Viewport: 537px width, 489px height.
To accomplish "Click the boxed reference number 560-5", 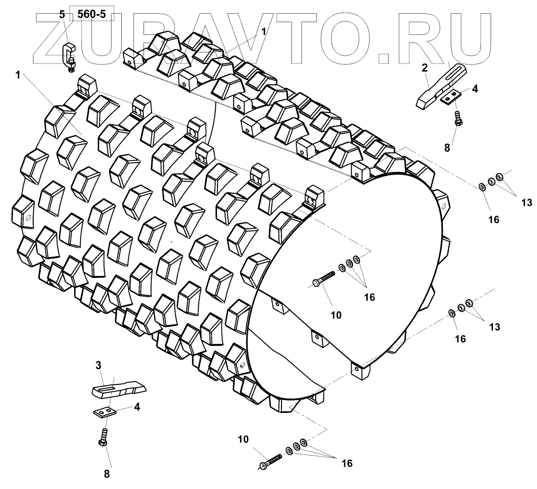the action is [91, 15].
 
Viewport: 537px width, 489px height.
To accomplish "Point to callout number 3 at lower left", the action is [98, 365].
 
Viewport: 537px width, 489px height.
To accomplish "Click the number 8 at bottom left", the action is [107, 474].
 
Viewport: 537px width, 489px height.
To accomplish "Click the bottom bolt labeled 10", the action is [270, 461].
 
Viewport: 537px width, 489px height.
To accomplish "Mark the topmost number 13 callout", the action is [527, 202].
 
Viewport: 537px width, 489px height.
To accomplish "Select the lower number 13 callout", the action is [495, 327].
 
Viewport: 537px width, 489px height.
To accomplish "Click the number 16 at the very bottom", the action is [346, 463].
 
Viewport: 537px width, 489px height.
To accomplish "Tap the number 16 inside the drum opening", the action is [369, 297].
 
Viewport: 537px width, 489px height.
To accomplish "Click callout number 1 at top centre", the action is [264, 32].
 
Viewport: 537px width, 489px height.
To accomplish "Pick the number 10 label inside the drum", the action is [336, 315].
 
